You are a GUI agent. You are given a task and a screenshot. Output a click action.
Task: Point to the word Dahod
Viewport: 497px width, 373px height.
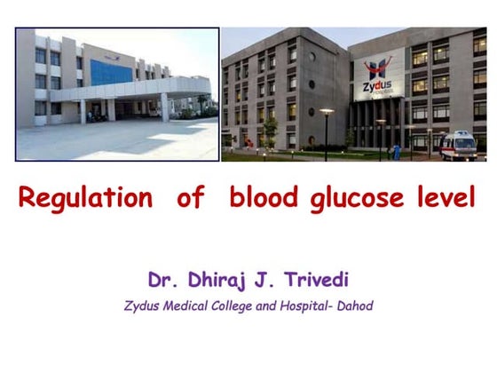(x=354, y=306)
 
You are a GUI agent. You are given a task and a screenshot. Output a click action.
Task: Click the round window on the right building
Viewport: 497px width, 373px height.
(x=311, y=84)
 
